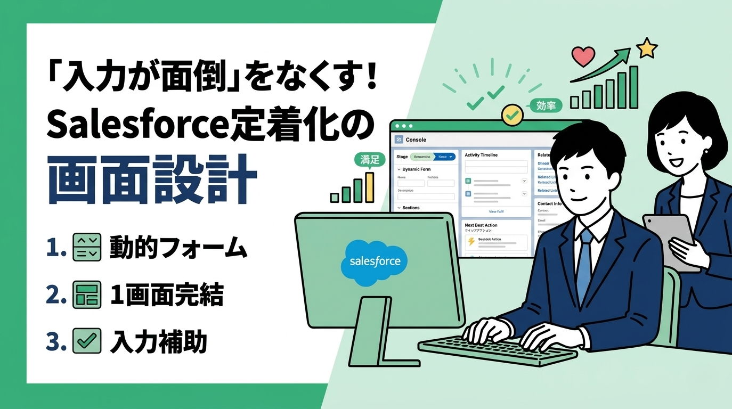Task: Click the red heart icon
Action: click(582, 55)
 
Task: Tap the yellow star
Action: click(647, 48)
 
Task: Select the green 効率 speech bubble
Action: click(547, 105)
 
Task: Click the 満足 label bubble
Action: click(369, 159)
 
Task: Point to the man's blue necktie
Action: click(584, 261)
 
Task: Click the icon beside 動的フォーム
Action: click(86, 247)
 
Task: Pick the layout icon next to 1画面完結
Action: click(86, 295)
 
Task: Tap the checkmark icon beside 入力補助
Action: click(86, 341)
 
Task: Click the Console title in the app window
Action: click(416, 140)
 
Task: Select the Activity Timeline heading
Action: click(481, 155)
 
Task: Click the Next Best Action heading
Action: click(485, 225)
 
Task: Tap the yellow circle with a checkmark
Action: click(513, 114)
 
